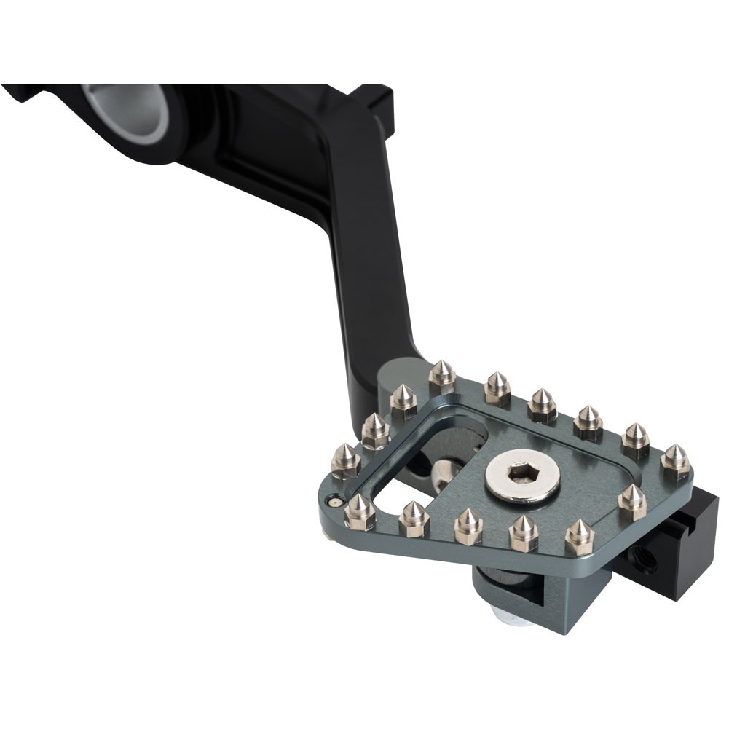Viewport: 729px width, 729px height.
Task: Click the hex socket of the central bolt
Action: tap(522, 474)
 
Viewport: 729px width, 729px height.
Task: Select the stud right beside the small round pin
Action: tap(360, 512)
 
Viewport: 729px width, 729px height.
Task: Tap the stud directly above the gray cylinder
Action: tap(441, 377)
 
